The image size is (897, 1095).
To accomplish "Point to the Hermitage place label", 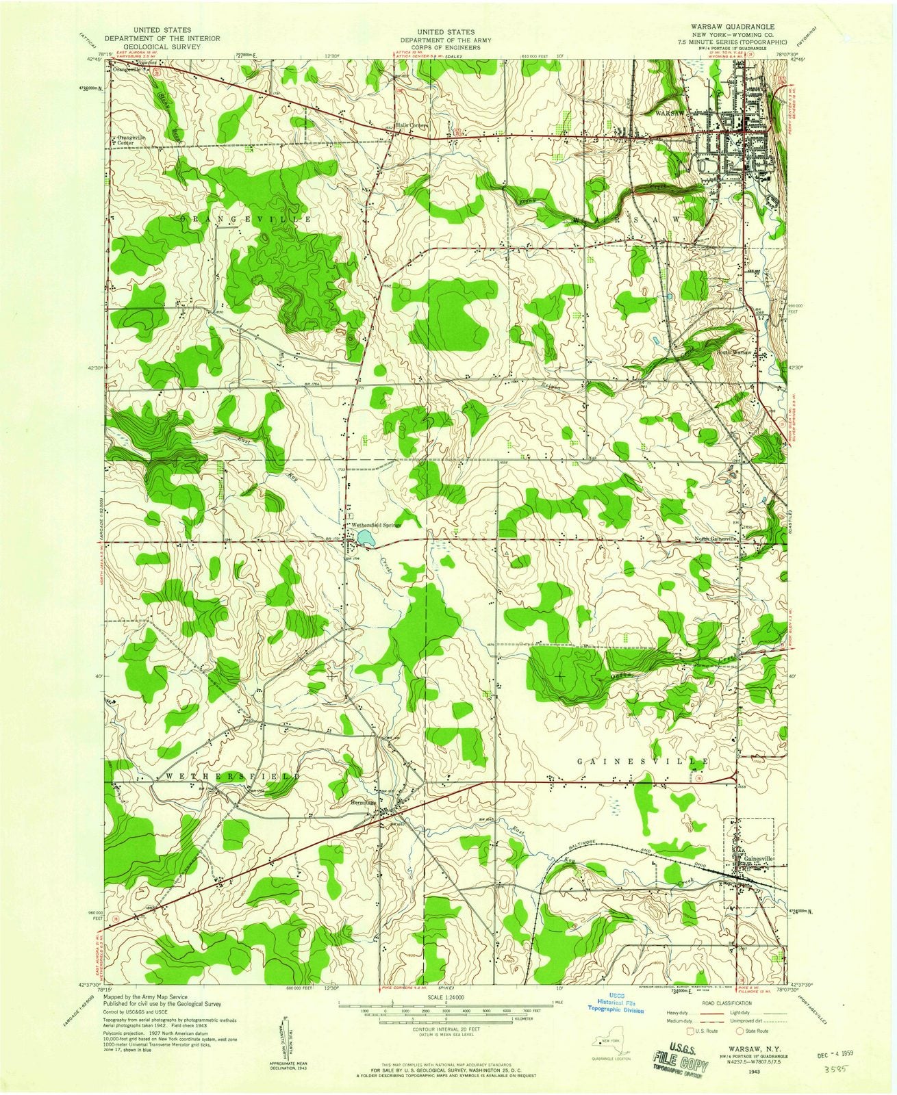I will pyautogui.click(x=364, y=803).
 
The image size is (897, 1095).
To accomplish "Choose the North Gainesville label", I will pyautogui.click(x=716, y=539).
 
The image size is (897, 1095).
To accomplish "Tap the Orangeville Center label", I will pyautogui.click(x=132, y=140).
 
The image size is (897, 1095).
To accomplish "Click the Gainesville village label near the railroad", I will pyautogui.click(x=757, y=858).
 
